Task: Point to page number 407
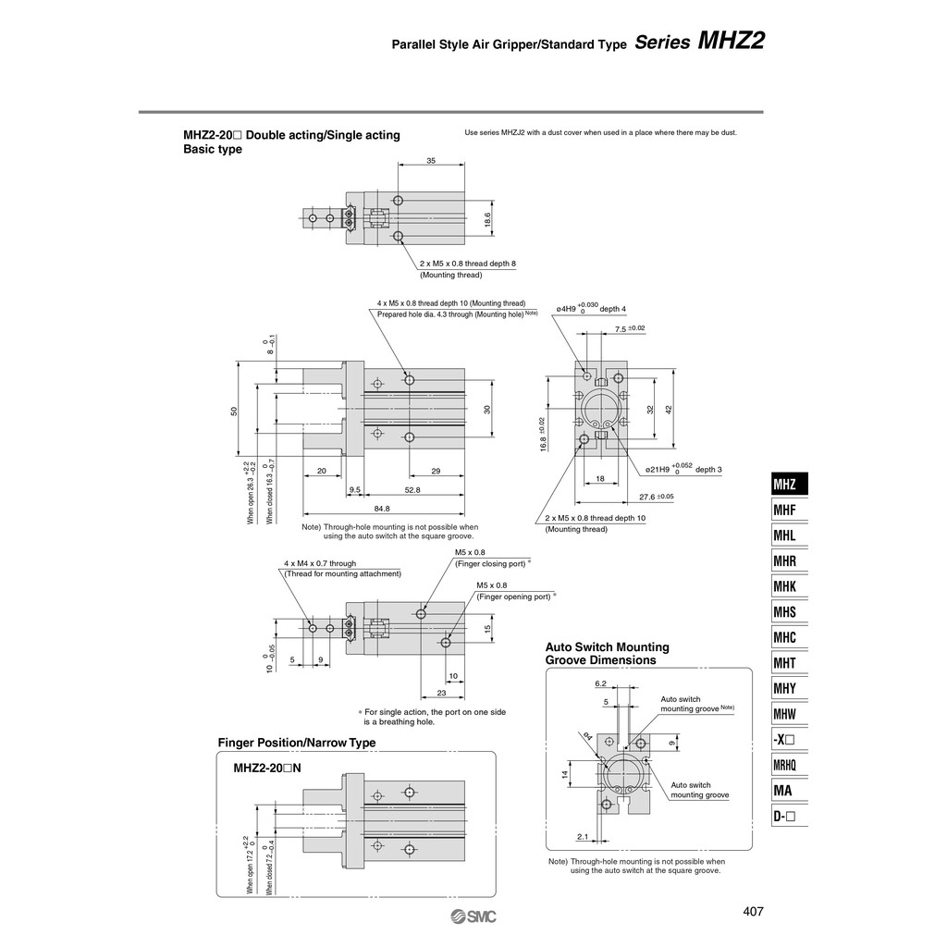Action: click(753, 912)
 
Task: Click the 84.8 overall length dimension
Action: click(382, 508)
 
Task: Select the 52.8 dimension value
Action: click(412, 489)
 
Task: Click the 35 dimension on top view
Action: click(431, 161)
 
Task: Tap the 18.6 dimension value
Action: click(487, 219)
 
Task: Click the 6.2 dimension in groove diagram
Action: click(600, 684)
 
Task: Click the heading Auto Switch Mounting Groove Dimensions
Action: click(607, 654)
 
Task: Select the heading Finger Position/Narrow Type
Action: click(296, 743)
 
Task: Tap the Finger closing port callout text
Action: click(491, 563)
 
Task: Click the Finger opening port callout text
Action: click(515, 596)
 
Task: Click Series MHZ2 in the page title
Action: click(699, 42)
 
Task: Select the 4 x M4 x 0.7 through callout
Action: click(319, 563)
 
